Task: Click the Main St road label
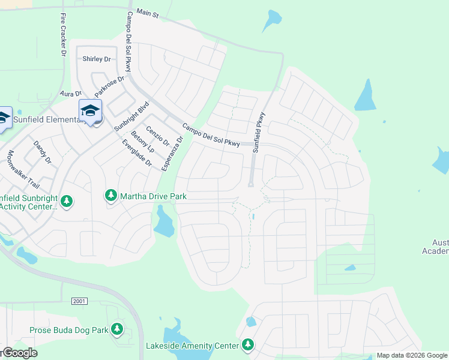(147, 13)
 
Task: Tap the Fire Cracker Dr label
(62, 36)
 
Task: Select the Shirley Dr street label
(97, 59)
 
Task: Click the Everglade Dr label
(137, 153)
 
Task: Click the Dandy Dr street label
(43, 152)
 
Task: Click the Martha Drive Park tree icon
(111, 196)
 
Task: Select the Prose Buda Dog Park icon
(118, 329)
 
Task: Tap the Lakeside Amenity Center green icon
(247, 344)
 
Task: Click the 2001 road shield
(79, 301)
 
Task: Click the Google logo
(19, 353)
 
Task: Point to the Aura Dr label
(70, 94)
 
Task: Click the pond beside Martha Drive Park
(163, 222)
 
